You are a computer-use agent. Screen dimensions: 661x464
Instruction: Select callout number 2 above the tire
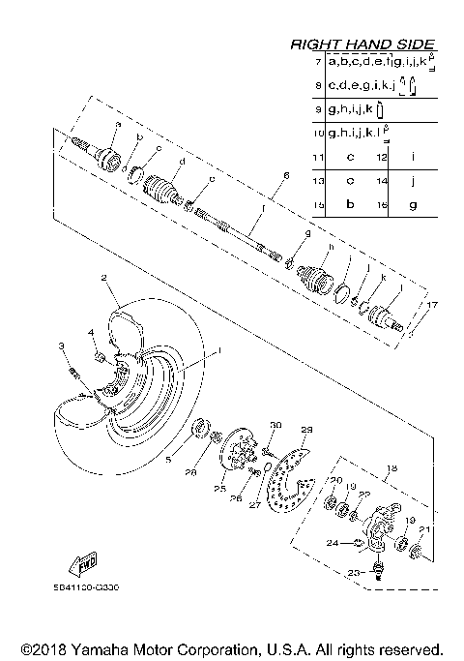coord(102,277)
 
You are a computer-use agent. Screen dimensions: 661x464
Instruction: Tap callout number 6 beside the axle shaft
coord(286,175)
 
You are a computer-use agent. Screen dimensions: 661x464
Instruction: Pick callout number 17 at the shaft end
coord(432,305)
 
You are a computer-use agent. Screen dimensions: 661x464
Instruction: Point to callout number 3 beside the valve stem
coord(60,346)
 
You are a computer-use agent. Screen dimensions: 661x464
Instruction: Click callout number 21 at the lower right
coord(426,530)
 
